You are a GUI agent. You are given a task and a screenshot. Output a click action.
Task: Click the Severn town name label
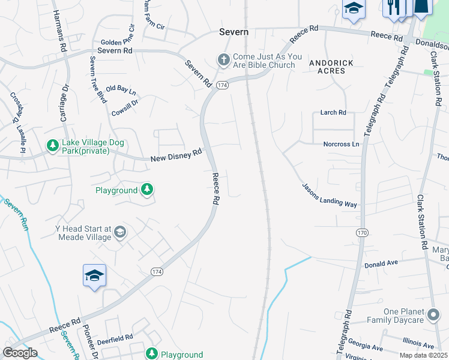pos(234,32)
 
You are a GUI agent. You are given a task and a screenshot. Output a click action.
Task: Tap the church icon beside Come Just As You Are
pos(223,60)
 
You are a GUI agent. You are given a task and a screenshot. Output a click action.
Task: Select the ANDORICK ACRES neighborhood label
pos(328,67)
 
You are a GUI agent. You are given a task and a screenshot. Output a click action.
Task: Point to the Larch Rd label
pos(334,112)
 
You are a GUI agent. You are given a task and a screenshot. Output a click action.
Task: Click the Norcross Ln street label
pos(341,144)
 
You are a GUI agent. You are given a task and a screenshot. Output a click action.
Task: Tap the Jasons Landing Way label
pos(330,195)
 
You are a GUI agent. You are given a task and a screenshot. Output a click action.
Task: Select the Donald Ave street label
pos(381,263)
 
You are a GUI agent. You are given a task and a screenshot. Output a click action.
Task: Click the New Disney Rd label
pos(176,155)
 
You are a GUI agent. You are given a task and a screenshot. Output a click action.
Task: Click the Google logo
pos(20,353)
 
